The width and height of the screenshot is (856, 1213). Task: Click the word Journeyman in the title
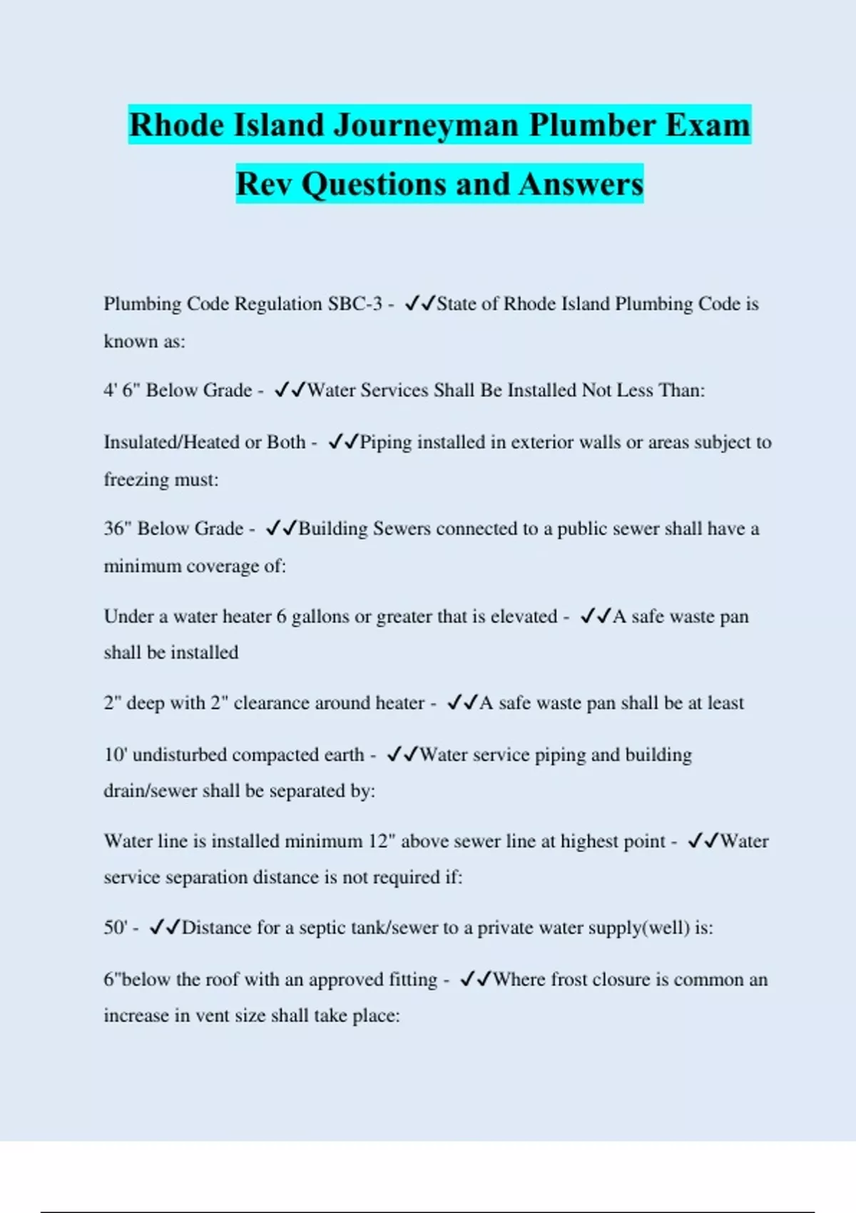click(426, 126)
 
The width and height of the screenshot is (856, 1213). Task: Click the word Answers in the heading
click(581, 184)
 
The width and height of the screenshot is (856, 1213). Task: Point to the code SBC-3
click(355, 304)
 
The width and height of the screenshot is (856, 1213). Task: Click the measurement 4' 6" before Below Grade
click(122, 390)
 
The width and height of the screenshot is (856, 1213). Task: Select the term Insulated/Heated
click(171, 442)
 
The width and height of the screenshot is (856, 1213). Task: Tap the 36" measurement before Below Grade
click(118, 529)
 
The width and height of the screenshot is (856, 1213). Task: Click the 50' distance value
click(116, 928)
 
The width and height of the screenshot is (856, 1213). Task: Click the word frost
click(569, 980)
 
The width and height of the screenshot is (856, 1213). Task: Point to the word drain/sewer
click(151, 791)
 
